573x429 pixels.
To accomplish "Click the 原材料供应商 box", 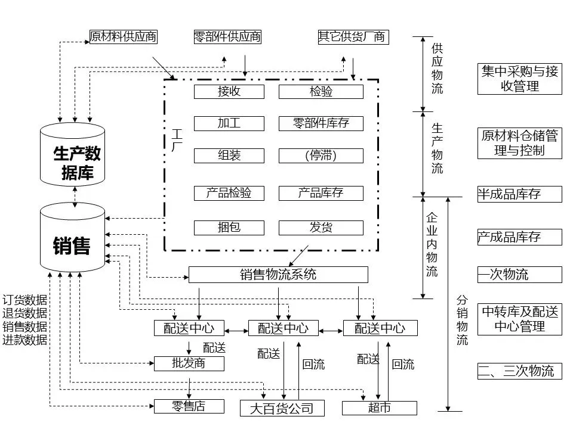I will pos(123,37).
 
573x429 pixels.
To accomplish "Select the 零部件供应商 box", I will pos(227,37).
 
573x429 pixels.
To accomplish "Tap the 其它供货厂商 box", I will pos(353,37).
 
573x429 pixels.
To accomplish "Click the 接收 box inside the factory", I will pos(229,92).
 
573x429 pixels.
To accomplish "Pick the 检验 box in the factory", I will pos(321,92).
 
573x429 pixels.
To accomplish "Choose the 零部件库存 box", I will pos(321,123).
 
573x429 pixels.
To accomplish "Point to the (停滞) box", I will pos(321,156).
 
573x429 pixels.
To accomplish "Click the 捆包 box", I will pos(229,228).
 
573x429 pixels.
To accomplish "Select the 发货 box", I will pos(321,228).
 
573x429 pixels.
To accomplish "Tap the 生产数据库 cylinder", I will pos(73,155).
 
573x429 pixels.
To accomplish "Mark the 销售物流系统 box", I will pos(278,275).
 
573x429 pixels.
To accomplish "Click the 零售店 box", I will pos(189,406).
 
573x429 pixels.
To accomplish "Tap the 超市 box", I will pos(379,408).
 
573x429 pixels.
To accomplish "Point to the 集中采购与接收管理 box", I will pos(519,79).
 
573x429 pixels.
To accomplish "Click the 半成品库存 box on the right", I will pos(519,194).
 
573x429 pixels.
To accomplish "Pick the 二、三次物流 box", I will pos(519,371).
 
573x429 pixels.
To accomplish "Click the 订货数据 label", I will pos(24,300).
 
